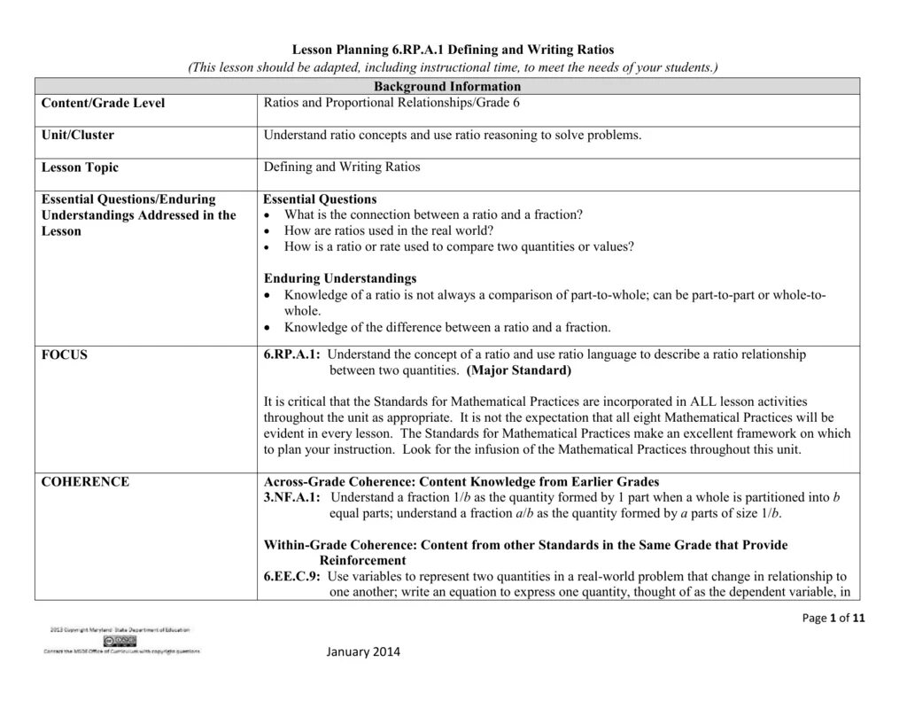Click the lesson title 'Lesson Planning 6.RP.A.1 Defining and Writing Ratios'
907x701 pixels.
coord(453,51)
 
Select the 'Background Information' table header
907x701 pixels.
coord(446,86)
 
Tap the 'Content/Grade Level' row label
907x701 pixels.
coord(103,103)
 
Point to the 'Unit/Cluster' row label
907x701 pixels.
coord(78,136)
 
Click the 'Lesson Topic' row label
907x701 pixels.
coord(80,167)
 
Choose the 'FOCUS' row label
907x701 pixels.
coord(65,354)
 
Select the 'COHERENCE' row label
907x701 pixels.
coord(85,482)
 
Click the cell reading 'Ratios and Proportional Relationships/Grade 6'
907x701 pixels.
coord(391,103)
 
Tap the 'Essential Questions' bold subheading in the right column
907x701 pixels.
coord(320,199)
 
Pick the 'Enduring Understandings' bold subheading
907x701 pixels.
coord(340,278)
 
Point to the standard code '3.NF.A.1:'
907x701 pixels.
coord(292,498)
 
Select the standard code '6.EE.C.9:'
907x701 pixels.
coord(291,576)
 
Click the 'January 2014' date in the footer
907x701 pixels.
coord(363,652)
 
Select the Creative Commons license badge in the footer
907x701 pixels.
coord(120,640)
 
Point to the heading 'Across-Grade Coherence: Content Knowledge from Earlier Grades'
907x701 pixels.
coord(461,482)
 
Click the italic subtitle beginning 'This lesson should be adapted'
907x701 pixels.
coord(453,67)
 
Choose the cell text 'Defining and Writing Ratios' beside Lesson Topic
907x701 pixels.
coord(342,167)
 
